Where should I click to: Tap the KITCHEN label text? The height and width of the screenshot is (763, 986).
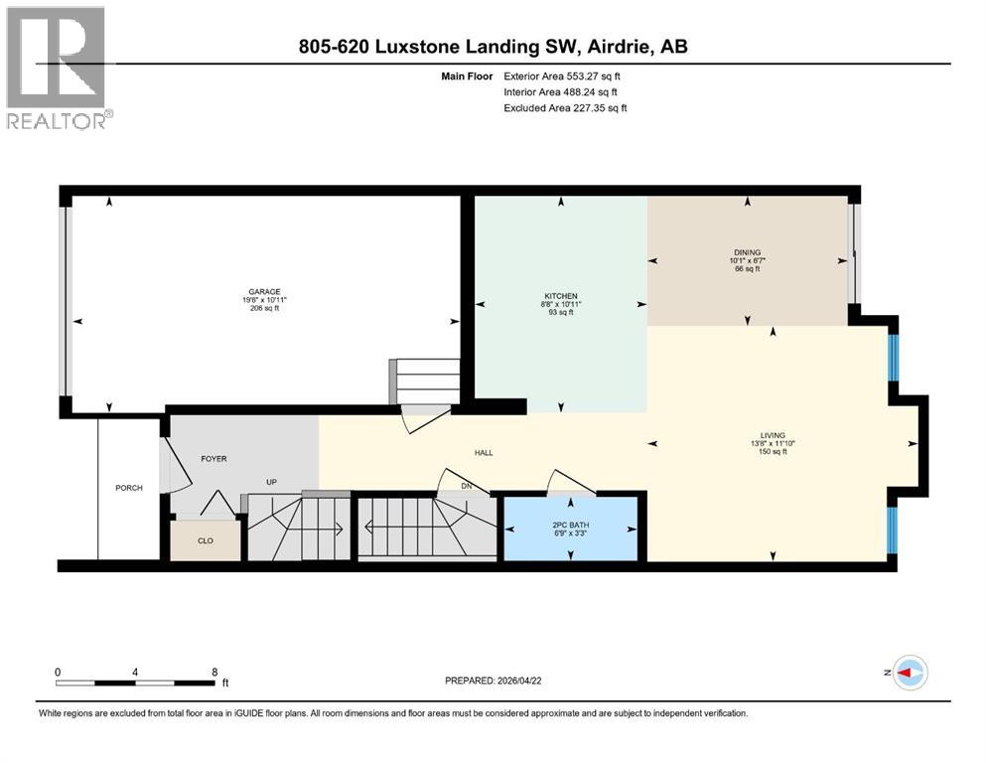pyautogui.click(x=559, y=295)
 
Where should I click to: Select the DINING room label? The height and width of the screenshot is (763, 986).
pyautogui.click(x=747, y=252)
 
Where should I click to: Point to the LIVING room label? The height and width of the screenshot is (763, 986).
pyautogui.click(x=773, y=435)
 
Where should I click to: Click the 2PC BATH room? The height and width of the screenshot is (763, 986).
pyautogui.click(x=571, y=528)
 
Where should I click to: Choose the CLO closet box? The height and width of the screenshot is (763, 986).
pyautogui.click(x=205, y=541)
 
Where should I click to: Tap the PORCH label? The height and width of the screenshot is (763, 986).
pyautogui.click(x=129, y=488)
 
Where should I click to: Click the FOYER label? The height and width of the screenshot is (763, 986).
pyautogui.click(x=214, y=459)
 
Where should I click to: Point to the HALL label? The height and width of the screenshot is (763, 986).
pyautogui.click(x=484, y=453)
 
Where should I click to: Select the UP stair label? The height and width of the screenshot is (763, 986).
pyautogui.click(x=270, y=483)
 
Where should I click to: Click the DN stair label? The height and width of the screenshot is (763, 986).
pyautogui.click(x=467, y=486)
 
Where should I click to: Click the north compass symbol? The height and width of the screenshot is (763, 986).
pyautogui.click(x=910, y=673)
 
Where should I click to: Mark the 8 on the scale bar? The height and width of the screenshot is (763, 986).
pyautogui.click(x=214, y=672)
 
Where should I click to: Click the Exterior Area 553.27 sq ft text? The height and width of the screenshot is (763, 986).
pyautogui.click(x=563, y=76)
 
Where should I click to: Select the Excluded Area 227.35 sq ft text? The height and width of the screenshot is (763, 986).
pyautogui.click(x=565, y=107)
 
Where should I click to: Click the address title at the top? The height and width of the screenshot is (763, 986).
pyautogui.click(x=493, y=46)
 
